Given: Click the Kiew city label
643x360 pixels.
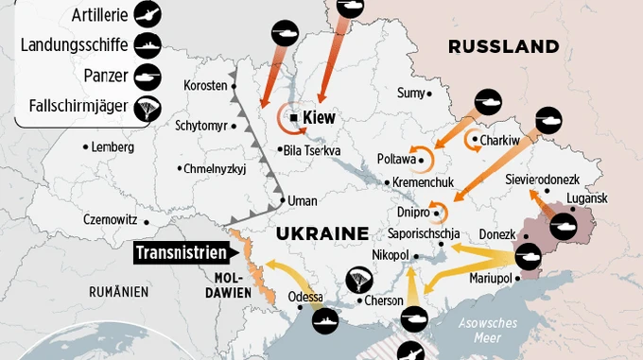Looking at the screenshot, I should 319,118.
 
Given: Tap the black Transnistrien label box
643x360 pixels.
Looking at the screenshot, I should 182,253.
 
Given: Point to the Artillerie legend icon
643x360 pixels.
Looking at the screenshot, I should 148,13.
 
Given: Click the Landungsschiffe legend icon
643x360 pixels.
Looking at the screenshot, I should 148,44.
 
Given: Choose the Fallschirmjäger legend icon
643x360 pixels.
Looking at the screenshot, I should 148,109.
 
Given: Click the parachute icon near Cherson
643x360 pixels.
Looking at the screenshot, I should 358,278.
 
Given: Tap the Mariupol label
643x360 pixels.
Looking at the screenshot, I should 490,279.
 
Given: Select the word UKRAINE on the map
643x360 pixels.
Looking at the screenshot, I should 321,232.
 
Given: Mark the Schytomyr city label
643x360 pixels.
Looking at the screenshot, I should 200,126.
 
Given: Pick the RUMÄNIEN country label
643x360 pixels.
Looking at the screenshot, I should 119,291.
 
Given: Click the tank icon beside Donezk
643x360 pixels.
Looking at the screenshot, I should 527,254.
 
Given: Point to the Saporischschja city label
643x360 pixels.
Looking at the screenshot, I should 424,233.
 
